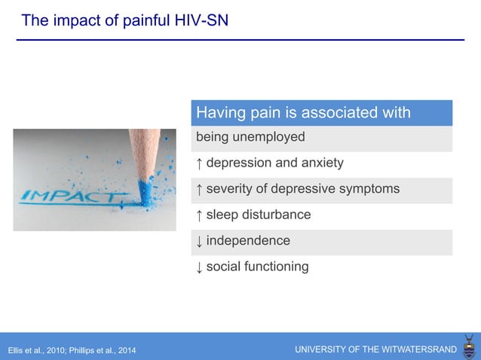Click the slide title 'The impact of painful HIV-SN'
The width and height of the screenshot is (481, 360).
[x=124, y=20]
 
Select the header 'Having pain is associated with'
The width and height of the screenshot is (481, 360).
[x=303, y=113]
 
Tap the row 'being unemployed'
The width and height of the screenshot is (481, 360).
[x=250, y=137]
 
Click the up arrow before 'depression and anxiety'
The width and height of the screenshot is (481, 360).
[x=199, y=163]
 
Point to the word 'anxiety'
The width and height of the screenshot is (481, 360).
[x=321, y=163]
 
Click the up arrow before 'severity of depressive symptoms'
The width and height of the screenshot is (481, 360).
[x=199, y=189]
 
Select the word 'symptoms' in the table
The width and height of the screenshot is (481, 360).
[x=372, y=189]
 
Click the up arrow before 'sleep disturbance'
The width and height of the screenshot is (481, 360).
[x=199, y=215]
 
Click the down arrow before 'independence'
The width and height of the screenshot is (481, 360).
[x=199, y=241]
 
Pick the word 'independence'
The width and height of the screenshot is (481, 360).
[x=248, y=241]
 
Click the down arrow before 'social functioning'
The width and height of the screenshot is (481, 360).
[x=199, y=267]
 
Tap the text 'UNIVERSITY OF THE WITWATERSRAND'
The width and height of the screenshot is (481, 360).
[x=375, y=349]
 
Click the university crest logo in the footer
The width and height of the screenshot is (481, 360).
[x=469, y=347]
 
